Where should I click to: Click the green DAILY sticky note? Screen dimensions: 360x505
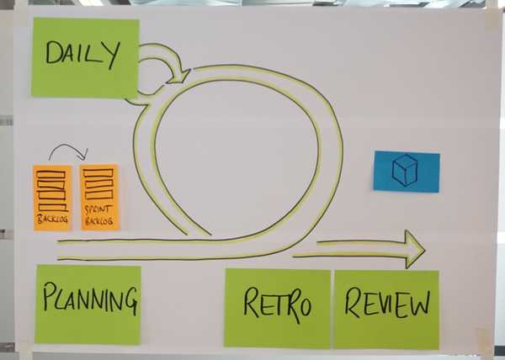(x=84, y=57)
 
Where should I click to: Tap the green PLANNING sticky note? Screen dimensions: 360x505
(x=88, y=304)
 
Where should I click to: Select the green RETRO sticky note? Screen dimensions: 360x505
(x=277, y=308)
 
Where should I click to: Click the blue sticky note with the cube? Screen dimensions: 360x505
(x=407, y=171)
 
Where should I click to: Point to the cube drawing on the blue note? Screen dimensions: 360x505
(x=405, y=170)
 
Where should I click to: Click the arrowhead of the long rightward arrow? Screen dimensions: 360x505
(x=413, y=248)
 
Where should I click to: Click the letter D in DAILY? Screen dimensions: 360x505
(x=53, y=54)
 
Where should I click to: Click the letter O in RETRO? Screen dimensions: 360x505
(x=302, y=305)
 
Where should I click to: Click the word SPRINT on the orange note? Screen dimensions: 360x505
(x=99, y=208)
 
